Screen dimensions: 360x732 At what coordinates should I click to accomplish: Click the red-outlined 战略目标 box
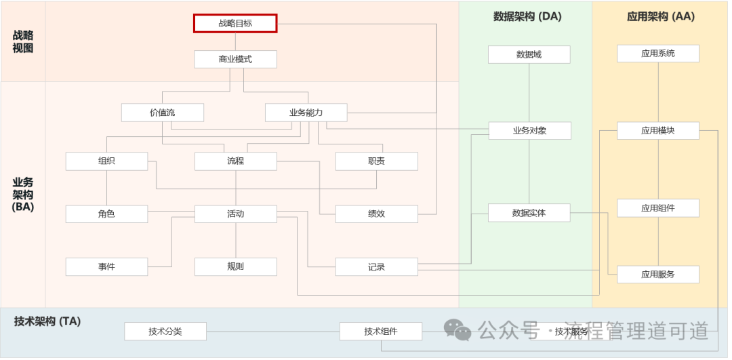coord(235,23)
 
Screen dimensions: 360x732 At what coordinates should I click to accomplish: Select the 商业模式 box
coord(235,59)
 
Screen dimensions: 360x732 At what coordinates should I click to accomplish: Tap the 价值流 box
coord(162,113)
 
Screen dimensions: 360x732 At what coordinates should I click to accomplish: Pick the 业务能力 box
coord(306,113)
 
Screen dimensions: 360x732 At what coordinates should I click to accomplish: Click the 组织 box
coord(106,161)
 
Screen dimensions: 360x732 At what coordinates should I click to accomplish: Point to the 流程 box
coord(235,161)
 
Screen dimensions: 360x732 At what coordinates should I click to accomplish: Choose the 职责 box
coord(376,161)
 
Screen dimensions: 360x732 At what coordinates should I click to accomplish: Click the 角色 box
coord(106,214)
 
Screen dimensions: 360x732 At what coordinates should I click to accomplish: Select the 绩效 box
coord(376,214)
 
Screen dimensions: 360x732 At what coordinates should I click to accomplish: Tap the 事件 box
coord(106,266)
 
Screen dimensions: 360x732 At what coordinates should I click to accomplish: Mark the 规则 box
coord(235,266)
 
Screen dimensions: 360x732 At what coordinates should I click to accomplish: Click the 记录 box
coord(376,266)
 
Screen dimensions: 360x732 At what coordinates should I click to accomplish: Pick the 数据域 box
coord(529,54)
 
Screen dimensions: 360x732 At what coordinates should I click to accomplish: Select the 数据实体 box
coord(529,213)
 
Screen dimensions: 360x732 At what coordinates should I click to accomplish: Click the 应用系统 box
coord(657,53)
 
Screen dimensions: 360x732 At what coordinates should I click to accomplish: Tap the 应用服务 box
coord(657,275)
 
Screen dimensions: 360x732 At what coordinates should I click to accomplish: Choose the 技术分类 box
coord(165,332)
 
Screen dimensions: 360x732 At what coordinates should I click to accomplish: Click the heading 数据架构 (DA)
coord(527,16)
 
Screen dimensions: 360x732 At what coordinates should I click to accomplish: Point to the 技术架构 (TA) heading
coord(47,321)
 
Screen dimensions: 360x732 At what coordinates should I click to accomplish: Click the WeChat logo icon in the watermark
coord(457,330)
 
